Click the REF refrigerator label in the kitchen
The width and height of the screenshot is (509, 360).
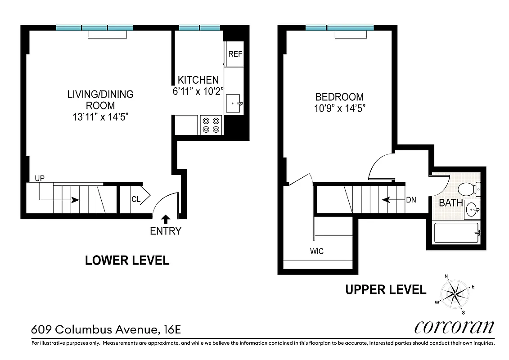[x=235, y=54]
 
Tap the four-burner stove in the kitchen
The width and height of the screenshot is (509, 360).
[x=211, y=125]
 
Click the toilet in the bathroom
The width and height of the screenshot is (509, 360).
[x=468, y=189]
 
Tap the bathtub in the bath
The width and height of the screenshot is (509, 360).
[x=456, y=233]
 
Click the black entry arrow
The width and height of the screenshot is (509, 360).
[x=165, y=219]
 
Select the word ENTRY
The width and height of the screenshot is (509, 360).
[x=165, y=231]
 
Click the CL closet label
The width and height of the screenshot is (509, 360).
[x=135, y=199]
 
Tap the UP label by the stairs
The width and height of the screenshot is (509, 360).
[x=40, y=179]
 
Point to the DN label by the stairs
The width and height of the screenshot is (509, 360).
[x=411, y=199]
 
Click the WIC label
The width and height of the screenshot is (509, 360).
[x=316, y=251]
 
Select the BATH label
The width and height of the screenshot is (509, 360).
[x=451, y=203]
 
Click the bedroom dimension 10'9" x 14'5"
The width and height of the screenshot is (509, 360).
[x=339, y=108]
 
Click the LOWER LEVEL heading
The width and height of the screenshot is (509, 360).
[x=127, y=261]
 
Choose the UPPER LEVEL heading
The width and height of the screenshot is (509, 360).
[x=386, y=290]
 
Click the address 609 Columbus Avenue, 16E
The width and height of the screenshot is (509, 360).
[x=106, y=330]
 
